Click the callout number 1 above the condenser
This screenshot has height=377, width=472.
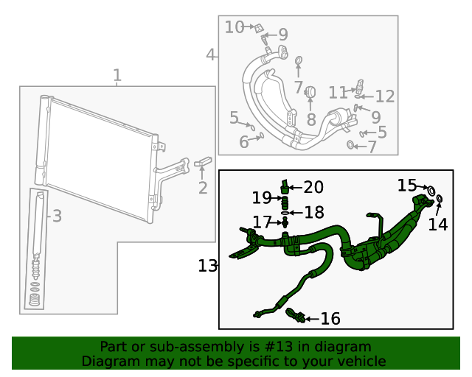click(117, 75)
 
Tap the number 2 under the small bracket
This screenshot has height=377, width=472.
click(203, 188)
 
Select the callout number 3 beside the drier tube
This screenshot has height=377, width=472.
click(56, 216)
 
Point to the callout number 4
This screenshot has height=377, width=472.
click(211, 55)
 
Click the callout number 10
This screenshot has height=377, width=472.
click(235, 27)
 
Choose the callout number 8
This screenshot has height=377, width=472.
click(311, 119)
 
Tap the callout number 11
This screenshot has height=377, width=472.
click(338, 93)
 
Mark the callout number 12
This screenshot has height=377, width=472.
click(385, 96)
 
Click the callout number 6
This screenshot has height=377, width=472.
click(244, 142)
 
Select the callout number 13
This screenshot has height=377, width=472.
click(207, 266)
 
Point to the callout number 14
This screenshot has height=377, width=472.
click(438, 225)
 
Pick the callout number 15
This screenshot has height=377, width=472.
click(407, 185)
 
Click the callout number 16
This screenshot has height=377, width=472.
click(330, 318)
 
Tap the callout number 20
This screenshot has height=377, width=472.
click(313, 187)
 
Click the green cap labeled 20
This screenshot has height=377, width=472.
click(284, 185)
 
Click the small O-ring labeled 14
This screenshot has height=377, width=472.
click(440, 199)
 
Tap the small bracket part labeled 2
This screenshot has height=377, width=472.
click(203, 161)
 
